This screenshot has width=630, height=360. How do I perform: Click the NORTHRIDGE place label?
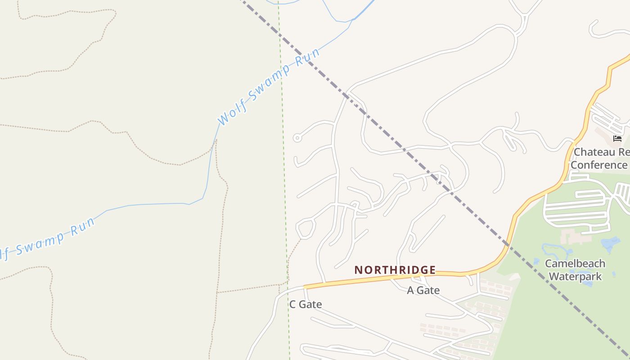(x=395, y=270)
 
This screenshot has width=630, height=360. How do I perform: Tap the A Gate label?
(x=423, y=290)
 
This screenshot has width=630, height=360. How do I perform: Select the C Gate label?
(x=306, y=305)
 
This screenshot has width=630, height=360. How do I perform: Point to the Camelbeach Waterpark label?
(x=575, y=270)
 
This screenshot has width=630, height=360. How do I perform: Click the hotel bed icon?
(x=617, y=138)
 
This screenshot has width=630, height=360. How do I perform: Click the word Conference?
(x=599, y=165)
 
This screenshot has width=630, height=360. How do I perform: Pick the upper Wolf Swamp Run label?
(x=269, y=86)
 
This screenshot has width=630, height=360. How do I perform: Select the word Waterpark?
(x=575, y=276)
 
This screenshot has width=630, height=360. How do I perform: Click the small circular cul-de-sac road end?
(x=297, y=138)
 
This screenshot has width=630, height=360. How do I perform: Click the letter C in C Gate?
(x=292, y=305)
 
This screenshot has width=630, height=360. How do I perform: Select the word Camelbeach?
(x=575, y=263)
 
